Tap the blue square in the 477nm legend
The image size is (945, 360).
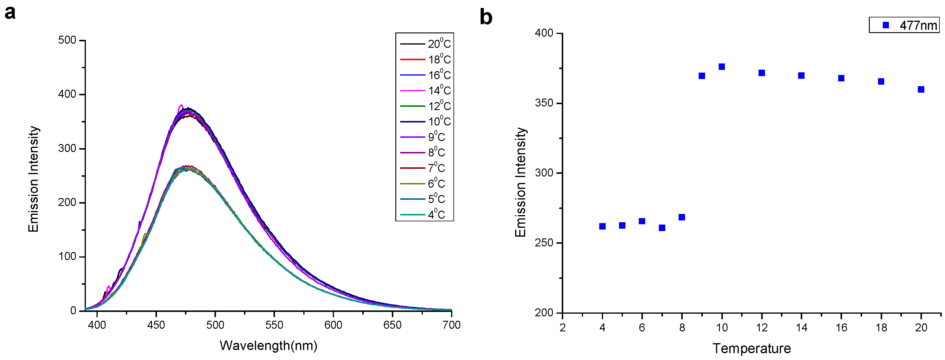tap(886, 25)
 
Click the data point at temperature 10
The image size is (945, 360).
tap(722, 67)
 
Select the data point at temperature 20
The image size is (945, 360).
tap(921, 89)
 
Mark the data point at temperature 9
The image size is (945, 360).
tap(702, 76)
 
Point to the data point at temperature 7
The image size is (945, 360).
tap(662, 228)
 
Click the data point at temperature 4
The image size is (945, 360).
tap(602, 226)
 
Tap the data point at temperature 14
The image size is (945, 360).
tap(801, 76)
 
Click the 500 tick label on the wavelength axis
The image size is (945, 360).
tap(215, 325)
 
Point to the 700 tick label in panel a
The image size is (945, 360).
tap(451, 325)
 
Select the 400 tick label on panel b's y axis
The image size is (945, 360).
tap(544, 33)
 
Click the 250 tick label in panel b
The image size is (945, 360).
tap(544, 243)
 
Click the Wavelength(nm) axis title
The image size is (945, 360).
tap(268, 346)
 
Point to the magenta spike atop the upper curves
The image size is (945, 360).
tap(181, 106)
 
